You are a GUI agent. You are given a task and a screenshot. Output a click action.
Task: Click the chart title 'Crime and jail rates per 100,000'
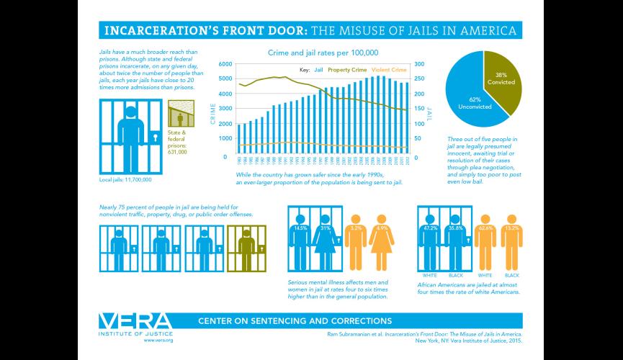tap(323, 53)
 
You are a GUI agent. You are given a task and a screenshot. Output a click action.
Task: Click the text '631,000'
tap(177, 152)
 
